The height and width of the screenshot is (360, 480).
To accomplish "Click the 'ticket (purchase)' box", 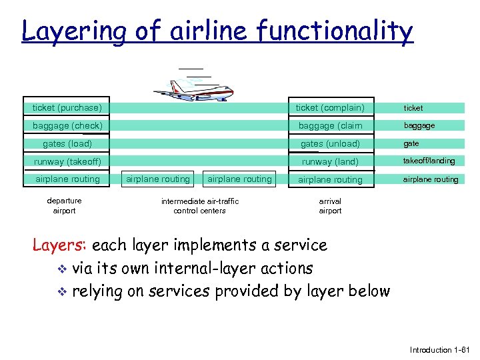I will pos(67,107).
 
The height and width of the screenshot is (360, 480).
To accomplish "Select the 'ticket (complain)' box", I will pos(330,107).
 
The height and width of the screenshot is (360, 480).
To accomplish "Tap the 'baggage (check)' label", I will pos(67,125).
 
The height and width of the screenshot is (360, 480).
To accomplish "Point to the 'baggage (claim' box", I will pos(330,125).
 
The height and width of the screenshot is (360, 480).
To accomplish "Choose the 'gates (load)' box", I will pos(67,143).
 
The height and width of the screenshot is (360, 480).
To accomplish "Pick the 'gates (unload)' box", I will pos(330,143).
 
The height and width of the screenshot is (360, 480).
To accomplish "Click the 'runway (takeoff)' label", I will pos(67,161).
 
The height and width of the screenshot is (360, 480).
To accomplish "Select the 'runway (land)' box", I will pos(330,161).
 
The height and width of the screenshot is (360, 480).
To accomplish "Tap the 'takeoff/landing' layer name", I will pos(429,161).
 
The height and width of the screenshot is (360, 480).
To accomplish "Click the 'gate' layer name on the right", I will pos(411,143).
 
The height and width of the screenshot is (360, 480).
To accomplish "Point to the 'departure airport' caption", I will pos(65,205).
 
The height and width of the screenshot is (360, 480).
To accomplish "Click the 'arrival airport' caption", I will pos(330,205).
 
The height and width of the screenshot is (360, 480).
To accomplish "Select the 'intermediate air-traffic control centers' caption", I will pos(199,205).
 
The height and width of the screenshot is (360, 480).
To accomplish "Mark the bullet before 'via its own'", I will pos(61,269).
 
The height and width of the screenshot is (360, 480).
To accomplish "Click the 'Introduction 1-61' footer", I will pos(440,350).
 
